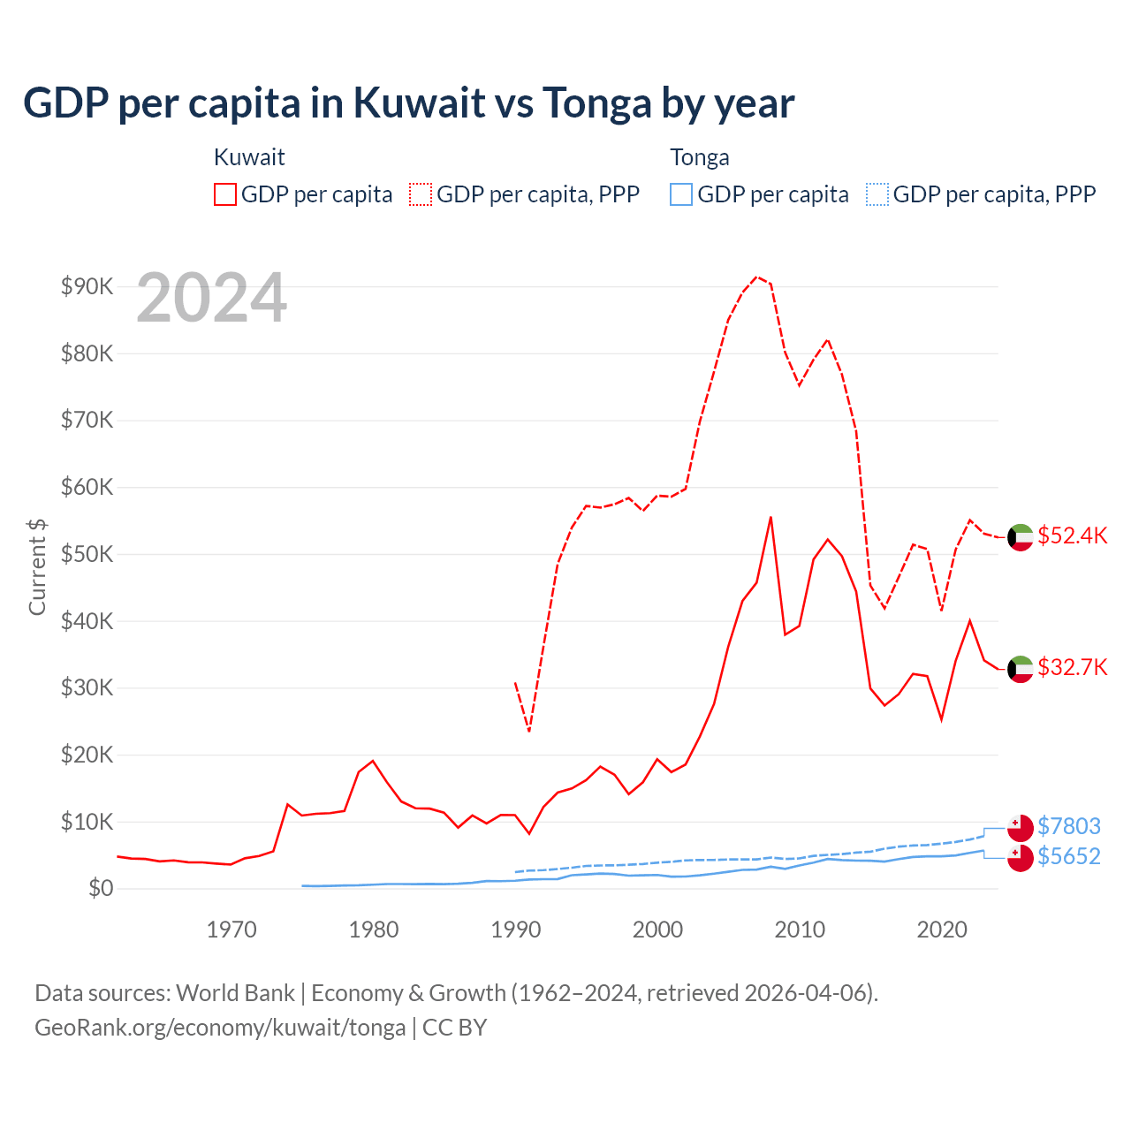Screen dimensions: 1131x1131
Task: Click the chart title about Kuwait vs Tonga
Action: [408, 103]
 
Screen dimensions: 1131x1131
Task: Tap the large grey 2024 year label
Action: [212, 298]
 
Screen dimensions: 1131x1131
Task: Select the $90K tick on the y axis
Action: [87, 286]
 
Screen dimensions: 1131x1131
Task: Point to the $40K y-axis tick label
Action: [87, 621]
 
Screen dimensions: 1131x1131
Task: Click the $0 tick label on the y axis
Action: [100, 888]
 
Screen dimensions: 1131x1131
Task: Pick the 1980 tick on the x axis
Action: [374, 930]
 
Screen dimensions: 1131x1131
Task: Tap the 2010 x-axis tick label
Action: [800, 930]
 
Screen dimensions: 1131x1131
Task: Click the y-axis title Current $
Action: [37, 566]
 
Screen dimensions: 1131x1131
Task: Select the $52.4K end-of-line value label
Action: [1072, 536]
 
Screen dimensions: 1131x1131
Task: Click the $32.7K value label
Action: [1072, 667]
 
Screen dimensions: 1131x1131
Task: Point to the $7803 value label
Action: [1069, 826]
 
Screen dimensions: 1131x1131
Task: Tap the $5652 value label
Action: [1069, 857]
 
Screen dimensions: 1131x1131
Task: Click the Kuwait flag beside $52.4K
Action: [1021, 537]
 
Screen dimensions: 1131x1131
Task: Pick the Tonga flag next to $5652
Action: [1021, 858]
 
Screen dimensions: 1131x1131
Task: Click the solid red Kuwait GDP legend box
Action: [225, 194]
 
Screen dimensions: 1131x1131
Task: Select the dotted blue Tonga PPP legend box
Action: [877, 194]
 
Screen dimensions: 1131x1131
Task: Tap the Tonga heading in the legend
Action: [700, 157]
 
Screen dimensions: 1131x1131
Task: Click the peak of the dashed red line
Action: [756, 277]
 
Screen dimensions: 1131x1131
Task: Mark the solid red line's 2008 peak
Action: [770, 517]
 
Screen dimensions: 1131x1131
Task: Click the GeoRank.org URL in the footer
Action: [220, 1028]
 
